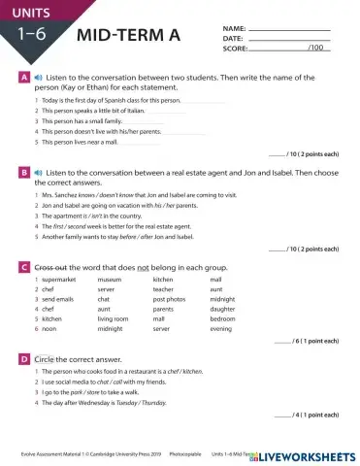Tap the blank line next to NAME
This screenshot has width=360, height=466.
click(x=289, y=30)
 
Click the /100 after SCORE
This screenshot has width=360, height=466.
click(x=315, y=47)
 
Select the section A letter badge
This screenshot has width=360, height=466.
click(x=22, y=76)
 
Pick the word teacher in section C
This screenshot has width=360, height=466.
click(x=163, y=289)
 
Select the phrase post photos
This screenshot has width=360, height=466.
click(x=169, y=299)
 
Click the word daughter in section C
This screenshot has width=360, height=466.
click(x=224, y=309)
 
